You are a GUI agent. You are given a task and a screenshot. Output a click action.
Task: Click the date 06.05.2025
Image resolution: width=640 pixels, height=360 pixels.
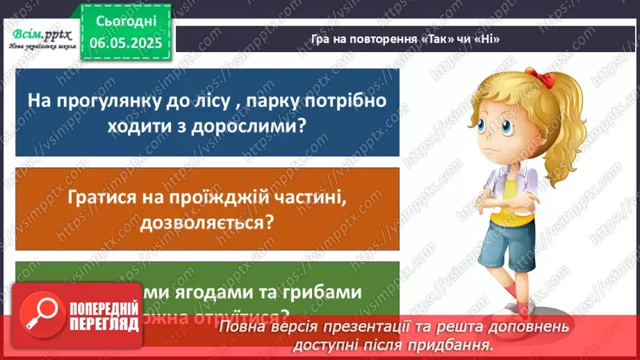(x=125, y=42)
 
